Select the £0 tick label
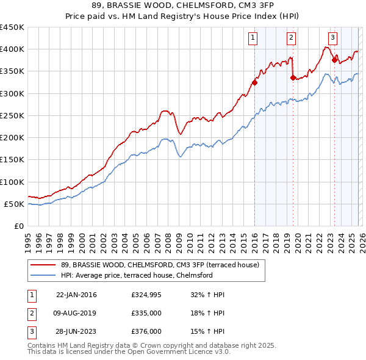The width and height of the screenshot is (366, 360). (x=18, y=226)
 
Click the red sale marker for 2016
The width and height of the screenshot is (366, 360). (x=254, y=83)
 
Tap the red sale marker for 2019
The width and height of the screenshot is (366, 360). (x=293, y=77)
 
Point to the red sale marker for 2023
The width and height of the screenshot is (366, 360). (x=334, y=59)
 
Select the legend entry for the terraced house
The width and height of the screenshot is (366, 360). (x=160, y=265)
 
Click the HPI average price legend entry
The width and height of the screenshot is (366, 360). (x=136, y=275)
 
